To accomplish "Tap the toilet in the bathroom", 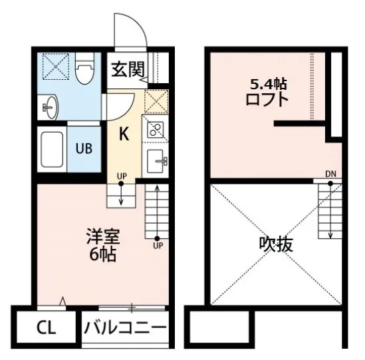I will [84, 70].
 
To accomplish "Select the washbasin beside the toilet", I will [49, 104].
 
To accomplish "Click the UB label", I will [83, 148].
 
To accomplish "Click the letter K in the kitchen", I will [124, 134].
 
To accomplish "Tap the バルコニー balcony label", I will [124, 329].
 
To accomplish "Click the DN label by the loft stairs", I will [330, 175].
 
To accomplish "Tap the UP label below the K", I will [122, 176].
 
